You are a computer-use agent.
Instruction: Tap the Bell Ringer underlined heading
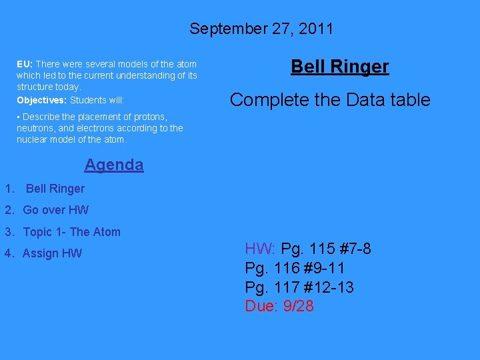tap(340, 66)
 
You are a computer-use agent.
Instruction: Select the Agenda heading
tap(114, 164)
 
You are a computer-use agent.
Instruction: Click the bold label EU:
tap(25, 64)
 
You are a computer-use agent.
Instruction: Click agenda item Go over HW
tap(55, 210)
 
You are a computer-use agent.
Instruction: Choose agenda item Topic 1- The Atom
tap(71, 232)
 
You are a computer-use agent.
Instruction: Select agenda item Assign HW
tap(52, 253)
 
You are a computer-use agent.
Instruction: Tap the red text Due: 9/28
tap(279, 306)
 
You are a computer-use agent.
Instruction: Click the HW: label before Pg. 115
tap(261, 249)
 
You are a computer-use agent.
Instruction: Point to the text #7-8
tap(355, 249)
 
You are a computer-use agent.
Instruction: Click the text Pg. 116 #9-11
tap(295, 269)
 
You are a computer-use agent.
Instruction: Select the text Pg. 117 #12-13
tap(299, 287)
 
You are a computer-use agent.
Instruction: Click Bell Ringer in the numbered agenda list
tap(55, 189)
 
